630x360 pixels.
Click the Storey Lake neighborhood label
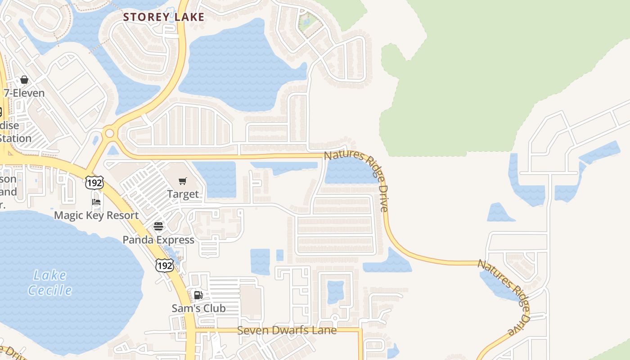[164, 17]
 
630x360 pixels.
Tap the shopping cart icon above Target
[182, 181]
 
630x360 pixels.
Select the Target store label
[182, 194]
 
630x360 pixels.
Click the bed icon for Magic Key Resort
[96, 202]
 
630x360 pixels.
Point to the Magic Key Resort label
[96, 215]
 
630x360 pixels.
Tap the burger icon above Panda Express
[158, 226]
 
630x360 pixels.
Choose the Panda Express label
[158, 240]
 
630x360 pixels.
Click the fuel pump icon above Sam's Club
[198, 295]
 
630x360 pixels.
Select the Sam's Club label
[198, 308]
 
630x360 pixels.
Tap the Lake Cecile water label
[50, 283]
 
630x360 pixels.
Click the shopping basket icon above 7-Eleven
[24, 80]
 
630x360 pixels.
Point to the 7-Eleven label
[24, 93]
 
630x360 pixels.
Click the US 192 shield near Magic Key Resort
[94, 182]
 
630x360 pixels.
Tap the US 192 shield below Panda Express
[164, 265]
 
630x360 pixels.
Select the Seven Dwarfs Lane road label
[287, 330]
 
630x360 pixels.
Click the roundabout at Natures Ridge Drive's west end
[109, 134]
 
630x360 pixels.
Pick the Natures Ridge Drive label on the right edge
[504, 297]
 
